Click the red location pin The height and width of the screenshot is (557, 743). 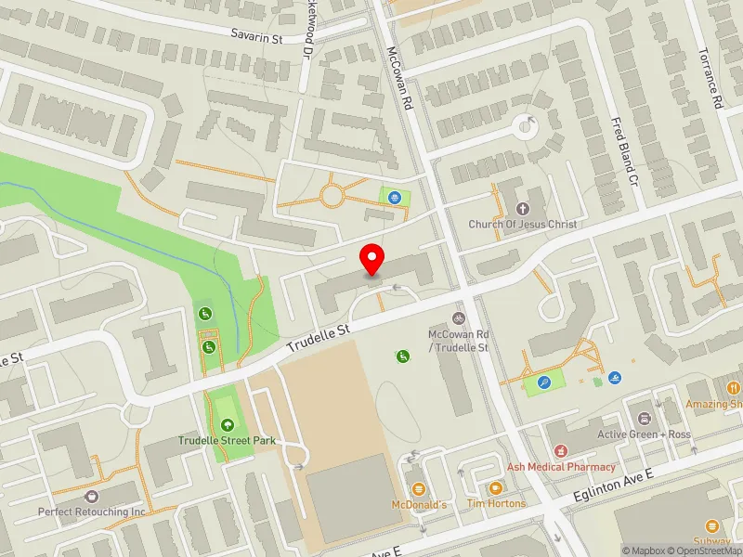[372, 260]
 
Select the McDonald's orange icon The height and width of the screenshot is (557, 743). [418, 488]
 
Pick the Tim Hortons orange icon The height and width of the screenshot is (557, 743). [495, 487]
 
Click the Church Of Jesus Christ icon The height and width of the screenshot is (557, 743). [521, 209]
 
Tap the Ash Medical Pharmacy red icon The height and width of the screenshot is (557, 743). [561, 451]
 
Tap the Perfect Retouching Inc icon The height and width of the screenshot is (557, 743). [92, 497]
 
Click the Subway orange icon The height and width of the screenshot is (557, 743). [712, 525]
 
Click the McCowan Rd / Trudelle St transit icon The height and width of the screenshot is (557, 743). [457, 318]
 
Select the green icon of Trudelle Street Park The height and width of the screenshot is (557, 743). [228, 425]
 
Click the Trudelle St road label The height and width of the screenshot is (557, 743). [318, 338]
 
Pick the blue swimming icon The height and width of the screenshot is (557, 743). [615, 379]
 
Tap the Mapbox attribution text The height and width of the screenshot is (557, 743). [644, 551]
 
